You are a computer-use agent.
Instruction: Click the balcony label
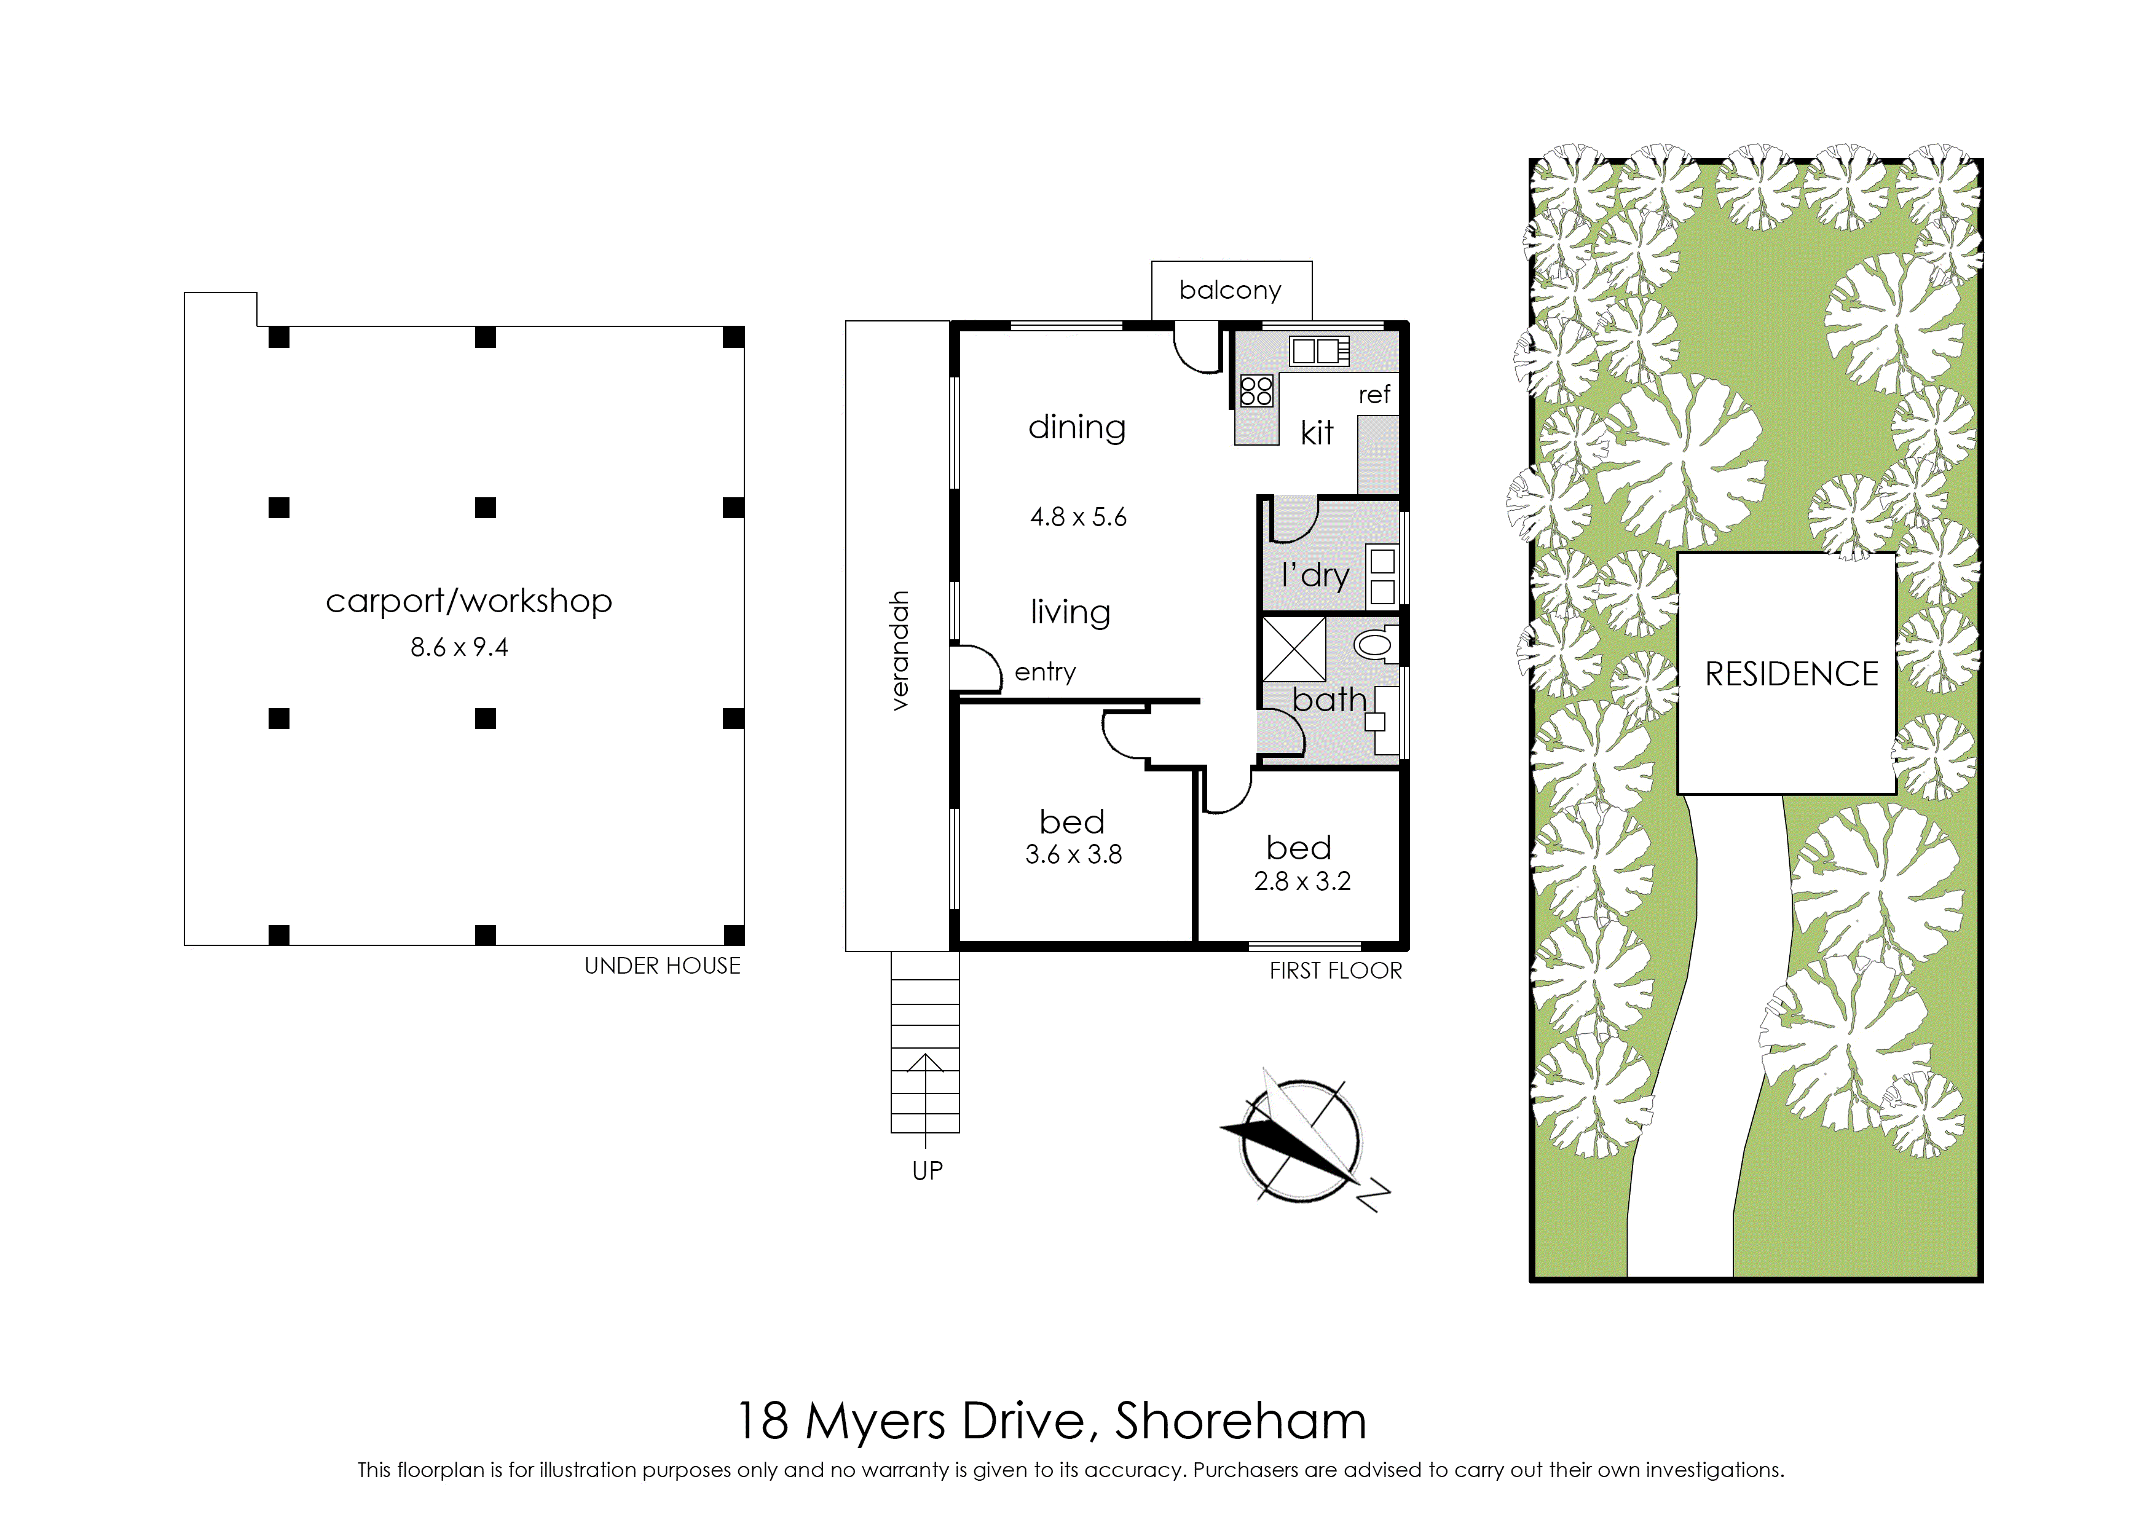tap(1230, 290)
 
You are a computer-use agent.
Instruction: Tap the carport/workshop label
tap(468, 601)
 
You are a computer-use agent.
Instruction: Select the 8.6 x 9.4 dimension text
tap(459, 647)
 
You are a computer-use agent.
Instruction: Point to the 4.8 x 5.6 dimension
tap(1078, 516)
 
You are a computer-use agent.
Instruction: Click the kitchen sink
tap(1319, 351)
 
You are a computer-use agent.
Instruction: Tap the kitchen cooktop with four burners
tap(1256, 391)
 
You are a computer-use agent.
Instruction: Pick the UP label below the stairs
tap(927, 1171)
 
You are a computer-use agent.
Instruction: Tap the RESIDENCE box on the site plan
tap(1787, 673)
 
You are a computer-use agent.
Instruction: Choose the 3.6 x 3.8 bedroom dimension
tap(1073, 854)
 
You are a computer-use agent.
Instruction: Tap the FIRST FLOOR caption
tap(1335, 971)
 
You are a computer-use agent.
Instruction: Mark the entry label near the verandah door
tap(1045, 672)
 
